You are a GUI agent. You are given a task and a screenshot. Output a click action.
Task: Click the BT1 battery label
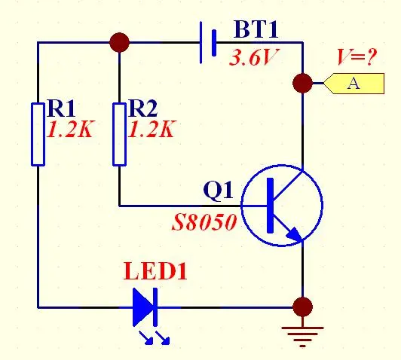point(256,29)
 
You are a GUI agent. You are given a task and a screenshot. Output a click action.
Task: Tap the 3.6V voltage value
point(253,57)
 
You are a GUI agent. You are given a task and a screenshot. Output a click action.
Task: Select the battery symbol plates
point(208,42)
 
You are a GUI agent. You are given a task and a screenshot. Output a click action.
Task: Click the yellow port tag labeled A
point(354,84)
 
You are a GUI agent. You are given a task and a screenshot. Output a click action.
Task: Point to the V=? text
point(357,56)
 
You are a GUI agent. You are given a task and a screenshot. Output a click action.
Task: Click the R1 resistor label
point(61,108)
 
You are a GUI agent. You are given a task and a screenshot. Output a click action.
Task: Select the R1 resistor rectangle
point(38,134)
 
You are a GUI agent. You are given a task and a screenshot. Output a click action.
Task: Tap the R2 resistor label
point(143,108)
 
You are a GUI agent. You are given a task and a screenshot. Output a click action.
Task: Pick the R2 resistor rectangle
point(119,134)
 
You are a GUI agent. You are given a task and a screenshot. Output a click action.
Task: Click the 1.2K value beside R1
point(70,130)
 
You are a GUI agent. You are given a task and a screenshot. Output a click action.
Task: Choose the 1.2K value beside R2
point(152,130)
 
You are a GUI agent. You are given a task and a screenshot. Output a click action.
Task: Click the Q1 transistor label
point(218,191)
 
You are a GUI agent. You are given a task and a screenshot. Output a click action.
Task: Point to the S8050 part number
point(204,222)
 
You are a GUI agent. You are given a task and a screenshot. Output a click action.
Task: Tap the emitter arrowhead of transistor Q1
point(294,234)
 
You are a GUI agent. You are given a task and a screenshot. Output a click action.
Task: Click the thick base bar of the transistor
point(271,206)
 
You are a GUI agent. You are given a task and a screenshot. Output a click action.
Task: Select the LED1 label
point(155,271)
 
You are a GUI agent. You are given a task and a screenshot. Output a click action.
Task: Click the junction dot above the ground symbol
point(302,307)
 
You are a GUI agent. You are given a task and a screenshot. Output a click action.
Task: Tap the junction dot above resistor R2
point(119,42)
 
